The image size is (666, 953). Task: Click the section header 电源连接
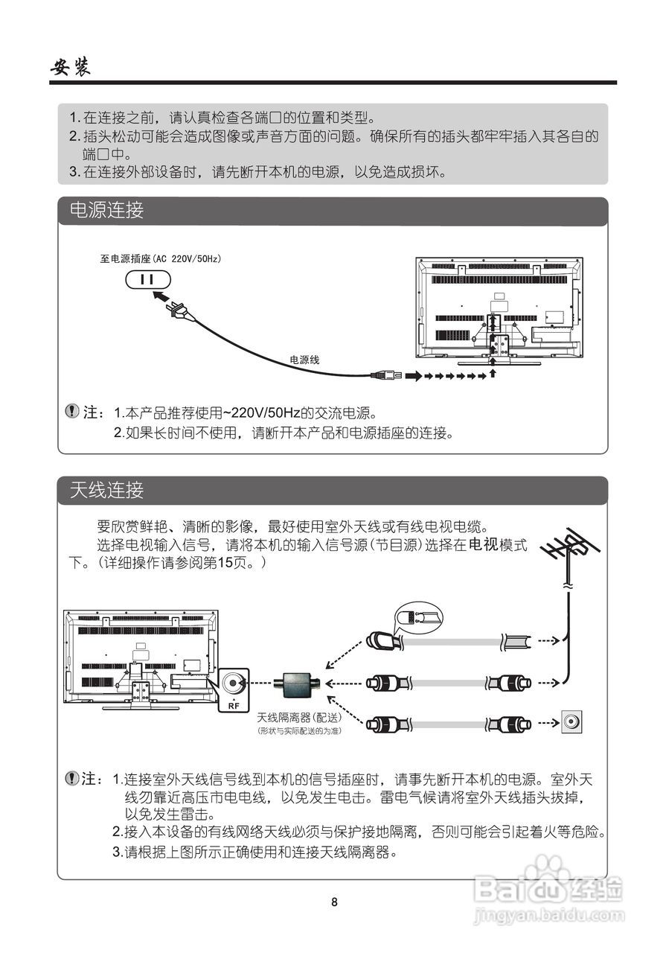[106, 211]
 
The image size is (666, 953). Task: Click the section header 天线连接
[106, 490]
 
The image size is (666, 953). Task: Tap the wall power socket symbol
[147, 279]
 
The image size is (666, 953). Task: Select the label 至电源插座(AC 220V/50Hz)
[161, 258]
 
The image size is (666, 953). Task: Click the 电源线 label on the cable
[304, 360]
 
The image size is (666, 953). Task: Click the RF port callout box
[236, 689]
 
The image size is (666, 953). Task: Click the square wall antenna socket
[571, 722]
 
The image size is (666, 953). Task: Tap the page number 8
[334, 902]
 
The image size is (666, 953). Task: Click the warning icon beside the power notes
[71, 411]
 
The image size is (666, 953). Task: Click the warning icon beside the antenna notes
[71, 779]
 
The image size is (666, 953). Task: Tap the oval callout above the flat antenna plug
[417, 616]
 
